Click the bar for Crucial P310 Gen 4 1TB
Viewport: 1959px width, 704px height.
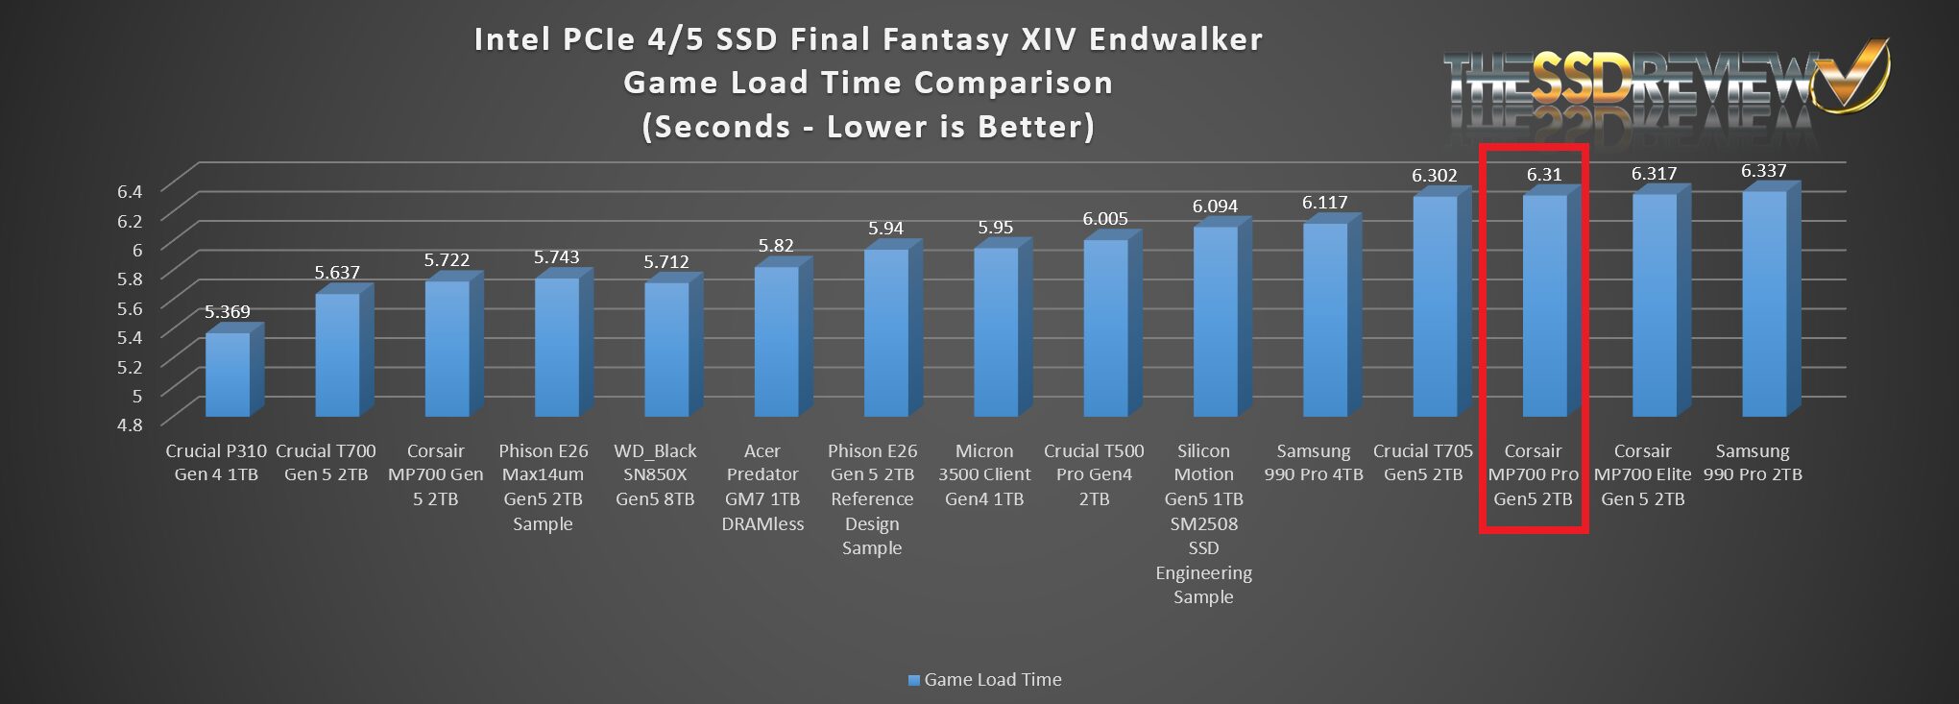[228, 374]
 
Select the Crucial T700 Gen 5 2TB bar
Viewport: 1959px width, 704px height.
[337, 354]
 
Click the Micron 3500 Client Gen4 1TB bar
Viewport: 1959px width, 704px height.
[996, 331]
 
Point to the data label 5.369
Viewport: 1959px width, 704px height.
[227, 311]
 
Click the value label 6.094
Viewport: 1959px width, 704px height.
[1215, 206]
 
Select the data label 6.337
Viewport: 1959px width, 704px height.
[1763, 171]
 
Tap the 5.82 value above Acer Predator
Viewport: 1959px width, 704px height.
[776, 246]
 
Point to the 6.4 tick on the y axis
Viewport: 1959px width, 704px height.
[130, 191]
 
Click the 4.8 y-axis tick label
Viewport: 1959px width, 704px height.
[130, 425]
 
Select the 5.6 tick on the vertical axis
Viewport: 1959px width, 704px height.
[130, 308]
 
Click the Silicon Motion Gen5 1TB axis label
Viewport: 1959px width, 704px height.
[1203, 523]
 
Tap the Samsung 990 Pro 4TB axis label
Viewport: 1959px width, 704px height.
[1313, 463]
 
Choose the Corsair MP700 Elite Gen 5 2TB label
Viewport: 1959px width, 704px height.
[1642, 474]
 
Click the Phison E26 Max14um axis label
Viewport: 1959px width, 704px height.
[543, 487]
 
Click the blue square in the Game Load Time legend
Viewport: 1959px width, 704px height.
[913, 680]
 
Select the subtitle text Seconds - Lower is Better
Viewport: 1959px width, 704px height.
[868, 127]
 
